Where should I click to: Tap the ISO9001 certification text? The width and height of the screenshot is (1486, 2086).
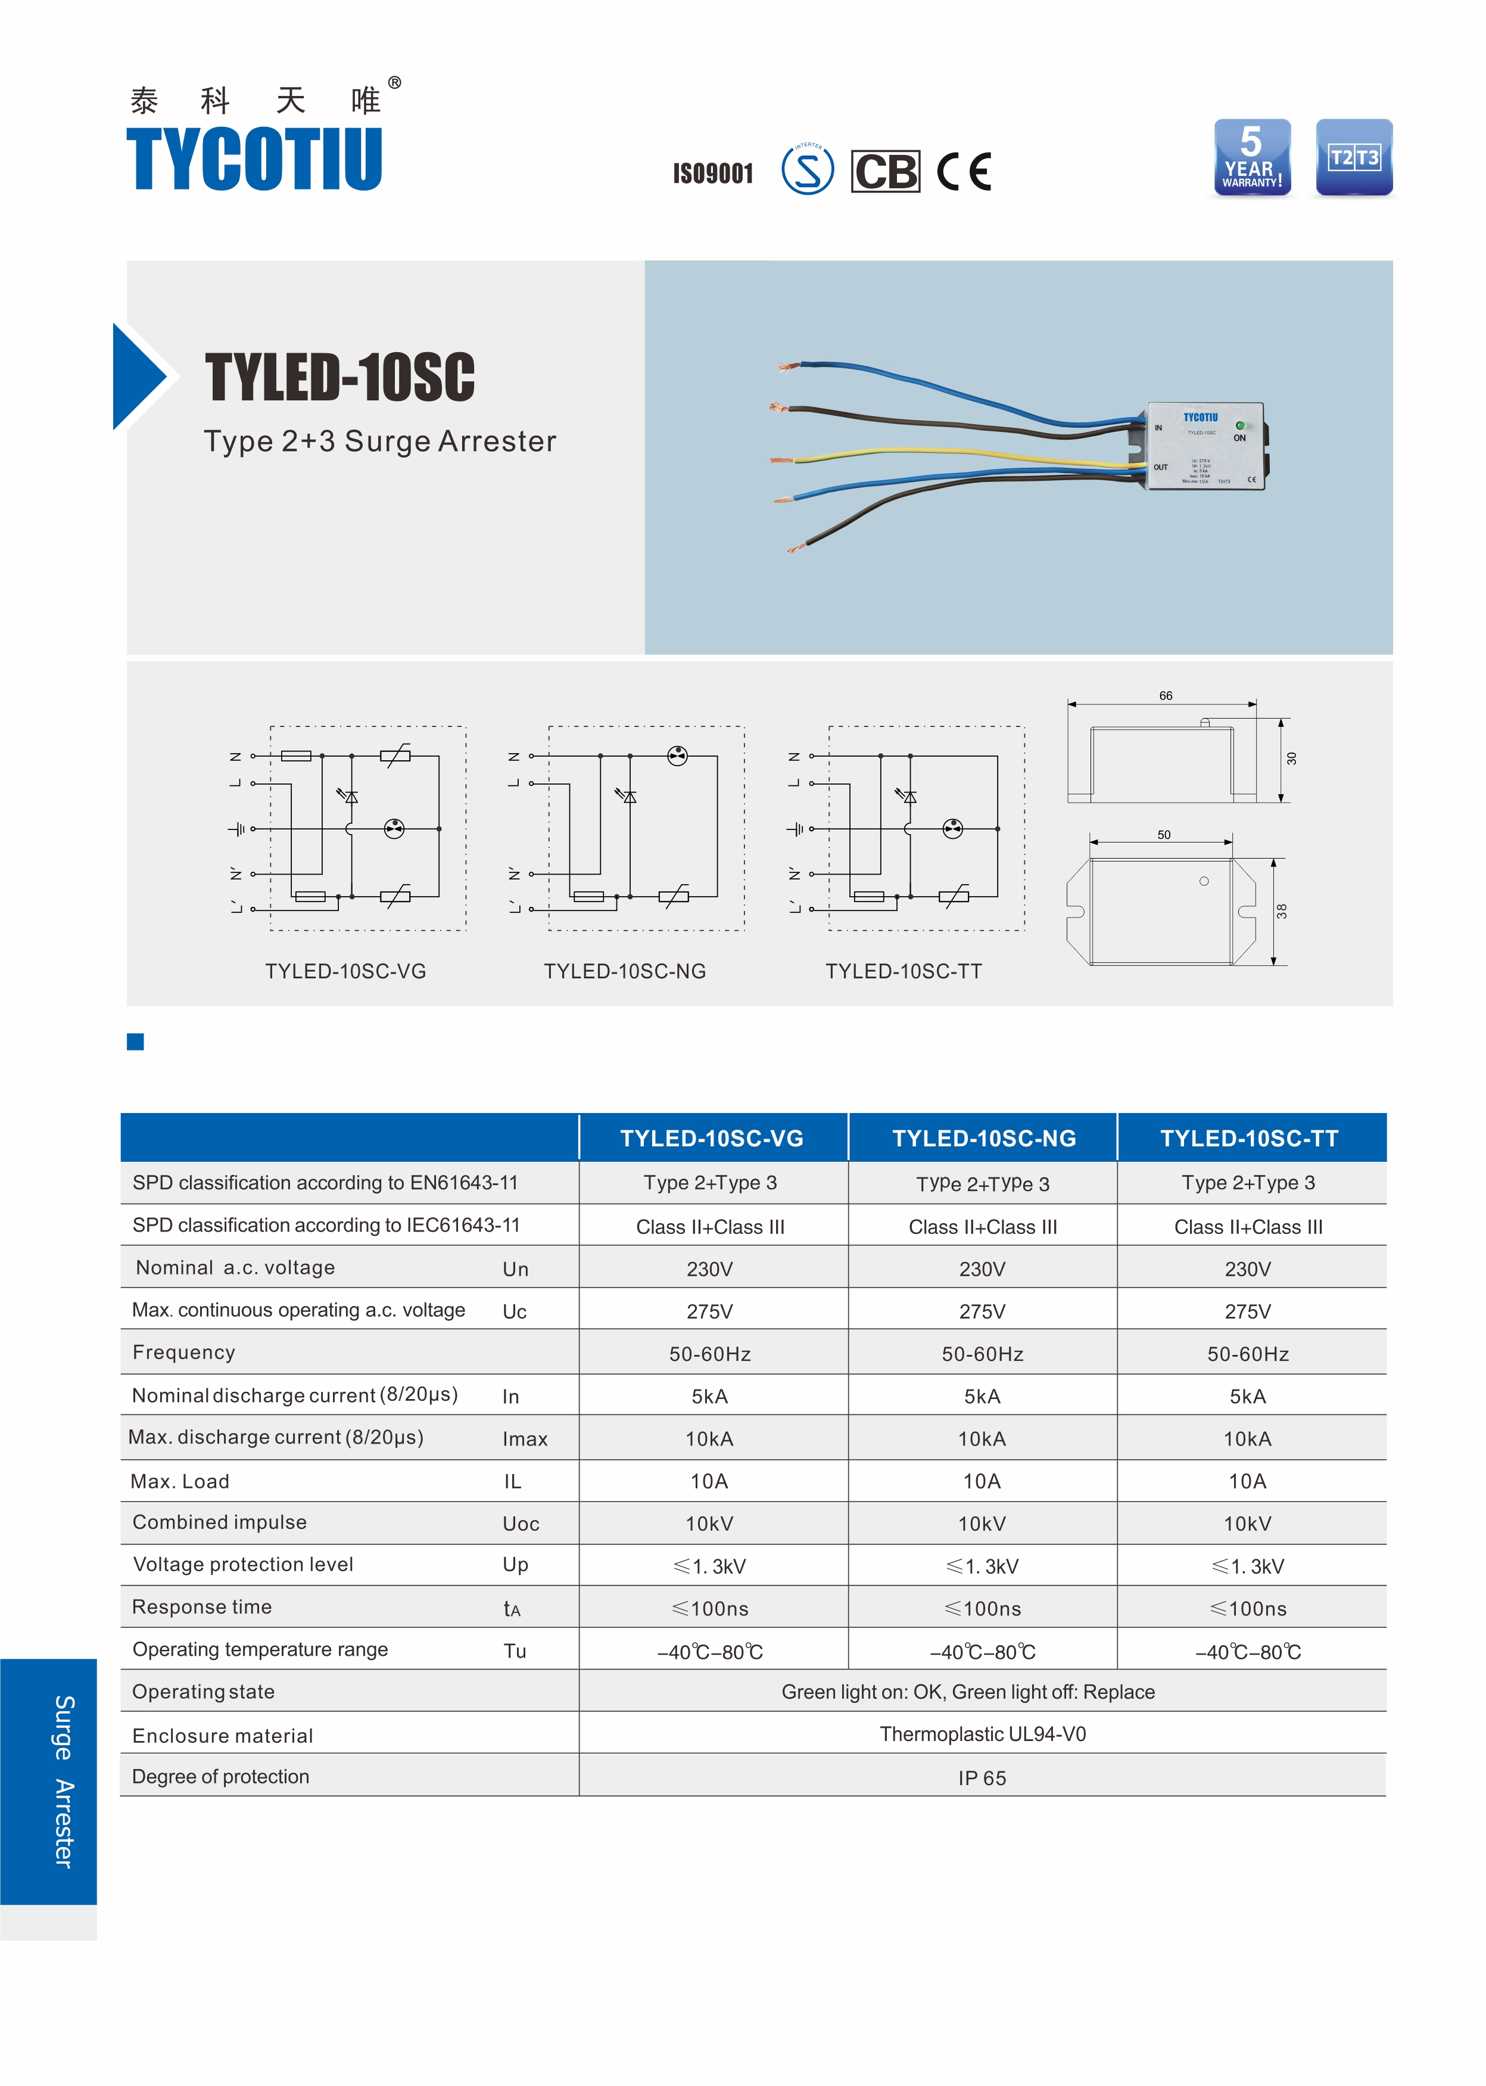713,173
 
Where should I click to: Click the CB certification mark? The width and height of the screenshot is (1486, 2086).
885,171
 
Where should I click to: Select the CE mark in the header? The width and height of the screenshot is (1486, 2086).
964,171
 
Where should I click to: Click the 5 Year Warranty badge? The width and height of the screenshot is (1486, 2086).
1252,157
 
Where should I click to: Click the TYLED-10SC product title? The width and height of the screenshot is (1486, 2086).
339,377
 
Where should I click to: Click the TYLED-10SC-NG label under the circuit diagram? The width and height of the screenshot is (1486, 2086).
625,971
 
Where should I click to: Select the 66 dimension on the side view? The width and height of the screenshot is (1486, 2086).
1165,696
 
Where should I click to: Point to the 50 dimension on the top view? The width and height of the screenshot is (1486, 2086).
1163,835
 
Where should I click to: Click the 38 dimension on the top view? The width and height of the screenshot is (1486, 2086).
1282,911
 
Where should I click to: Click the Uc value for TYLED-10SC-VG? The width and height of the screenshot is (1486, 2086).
709,1311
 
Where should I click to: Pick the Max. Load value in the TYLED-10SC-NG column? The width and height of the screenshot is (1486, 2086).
982,1481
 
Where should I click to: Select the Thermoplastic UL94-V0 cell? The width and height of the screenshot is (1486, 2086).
983,1734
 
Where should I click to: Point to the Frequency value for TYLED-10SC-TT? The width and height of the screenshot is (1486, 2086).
1248,1354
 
